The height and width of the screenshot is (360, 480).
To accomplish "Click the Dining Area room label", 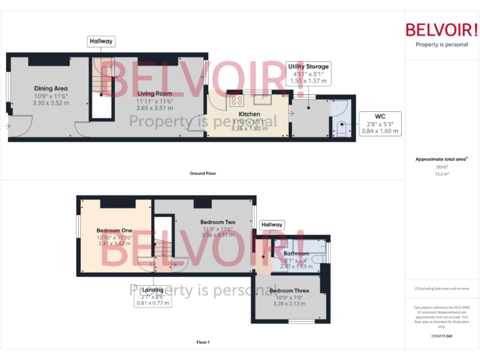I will click(51, 88).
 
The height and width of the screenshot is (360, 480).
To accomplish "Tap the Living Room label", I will click(154, 94).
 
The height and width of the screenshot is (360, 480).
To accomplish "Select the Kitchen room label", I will click(249, 114).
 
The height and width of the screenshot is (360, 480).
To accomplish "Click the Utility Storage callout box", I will click(307, 73).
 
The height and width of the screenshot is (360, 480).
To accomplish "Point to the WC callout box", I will click(380, 124).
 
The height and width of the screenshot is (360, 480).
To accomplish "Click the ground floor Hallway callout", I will click(101, 41).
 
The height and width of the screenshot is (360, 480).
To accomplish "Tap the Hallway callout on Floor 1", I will click(272, 224).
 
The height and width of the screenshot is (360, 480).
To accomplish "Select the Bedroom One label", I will click(114, 231).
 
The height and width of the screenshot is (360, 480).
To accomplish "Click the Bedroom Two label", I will click(217, 222).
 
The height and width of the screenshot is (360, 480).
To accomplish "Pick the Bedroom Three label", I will click(289, 291).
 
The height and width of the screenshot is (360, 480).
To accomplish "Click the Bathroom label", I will click(296, 254).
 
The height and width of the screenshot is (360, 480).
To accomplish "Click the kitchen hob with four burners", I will click(236, 100).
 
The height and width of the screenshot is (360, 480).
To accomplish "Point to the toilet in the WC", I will click(341, 129).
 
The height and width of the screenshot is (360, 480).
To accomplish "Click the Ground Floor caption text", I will click(203, 173).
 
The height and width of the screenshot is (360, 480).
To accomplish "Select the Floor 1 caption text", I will click(203, 342).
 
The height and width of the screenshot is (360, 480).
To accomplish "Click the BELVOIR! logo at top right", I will click(442, 29).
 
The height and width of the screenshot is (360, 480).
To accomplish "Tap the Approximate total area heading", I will click(441, 159).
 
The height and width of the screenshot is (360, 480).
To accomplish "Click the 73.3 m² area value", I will click(441, 174).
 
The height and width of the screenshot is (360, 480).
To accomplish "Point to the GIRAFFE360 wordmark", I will click(441, 337).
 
